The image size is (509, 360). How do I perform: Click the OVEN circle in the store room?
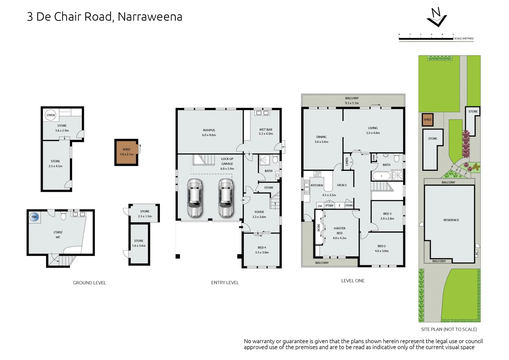[51, 115]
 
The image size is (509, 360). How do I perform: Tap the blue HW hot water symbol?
[34, 217]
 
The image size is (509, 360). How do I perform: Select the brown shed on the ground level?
[126, 152]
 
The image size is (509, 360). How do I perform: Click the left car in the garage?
[195, 198]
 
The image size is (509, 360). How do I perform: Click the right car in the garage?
[226, 198]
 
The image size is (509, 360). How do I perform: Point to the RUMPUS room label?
[209, 130]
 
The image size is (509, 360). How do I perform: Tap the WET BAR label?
[265, 130]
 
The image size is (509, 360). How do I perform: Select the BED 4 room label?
[262, 248]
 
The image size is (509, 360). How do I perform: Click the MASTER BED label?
[339, 231]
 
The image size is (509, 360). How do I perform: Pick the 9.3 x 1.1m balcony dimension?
[352, 103]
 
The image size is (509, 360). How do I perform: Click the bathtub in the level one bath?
[381, 176]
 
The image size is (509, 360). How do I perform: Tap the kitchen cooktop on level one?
[317, 174]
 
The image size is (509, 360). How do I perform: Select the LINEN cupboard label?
[347, 162]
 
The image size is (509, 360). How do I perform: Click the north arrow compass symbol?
[436, 17]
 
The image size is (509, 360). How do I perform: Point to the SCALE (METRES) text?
[464, 39]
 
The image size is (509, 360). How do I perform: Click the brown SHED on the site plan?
[427, 120]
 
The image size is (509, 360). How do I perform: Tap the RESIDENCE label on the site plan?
[451, 220]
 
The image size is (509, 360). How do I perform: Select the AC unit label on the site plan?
[476, 253]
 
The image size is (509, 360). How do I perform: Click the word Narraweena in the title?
[150, 17]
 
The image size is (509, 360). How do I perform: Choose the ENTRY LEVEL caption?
[225, 283]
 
